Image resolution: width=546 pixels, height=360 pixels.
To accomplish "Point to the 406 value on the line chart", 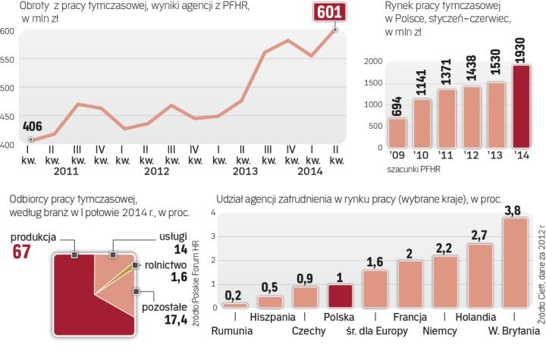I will pyautogui.click(x=32, y=126).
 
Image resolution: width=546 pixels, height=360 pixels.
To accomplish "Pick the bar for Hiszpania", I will pyautogui.click(x=269, y=301).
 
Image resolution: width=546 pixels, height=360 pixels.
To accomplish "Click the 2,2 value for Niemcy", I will pyautogui.click(x=444, y=248).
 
